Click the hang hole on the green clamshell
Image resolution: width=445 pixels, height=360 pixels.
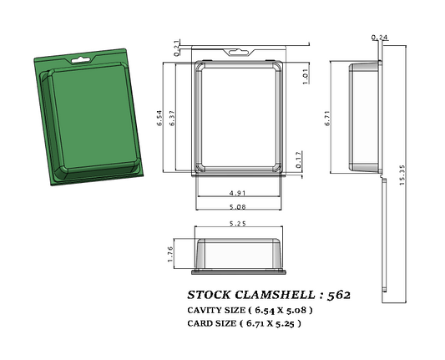click(x=82, y=60)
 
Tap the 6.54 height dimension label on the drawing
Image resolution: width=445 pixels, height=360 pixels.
click(x=159, y=119)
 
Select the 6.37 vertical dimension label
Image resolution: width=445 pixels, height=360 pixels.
click(x=171, y=119)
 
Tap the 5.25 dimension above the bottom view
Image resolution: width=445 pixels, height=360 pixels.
click(x=241, y=224)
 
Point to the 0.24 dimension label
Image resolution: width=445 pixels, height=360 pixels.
click(x=379, y=38)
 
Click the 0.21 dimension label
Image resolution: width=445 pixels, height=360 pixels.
click(x=176, y=47)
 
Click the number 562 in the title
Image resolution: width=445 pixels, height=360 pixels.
click(x=339, y=296)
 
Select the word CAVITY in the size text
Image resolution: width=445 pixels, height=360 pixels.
click(x=204, y=310)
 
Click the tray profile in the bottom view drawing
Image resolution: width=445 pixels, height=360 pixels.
click(x=241, y=254)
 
